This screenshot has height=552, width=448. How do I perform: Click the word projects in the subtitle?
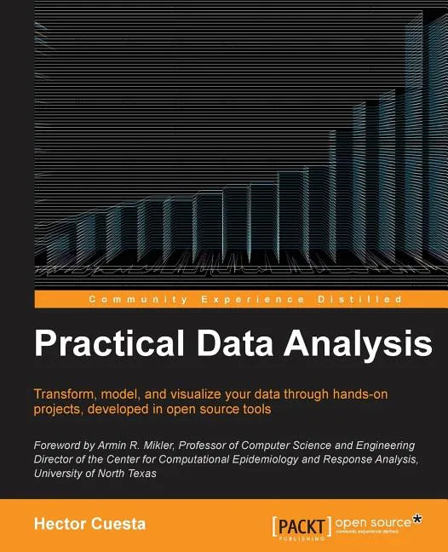[60, 409]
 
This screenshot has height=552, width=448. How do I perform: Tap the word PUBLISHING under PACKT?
[304, 539]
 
